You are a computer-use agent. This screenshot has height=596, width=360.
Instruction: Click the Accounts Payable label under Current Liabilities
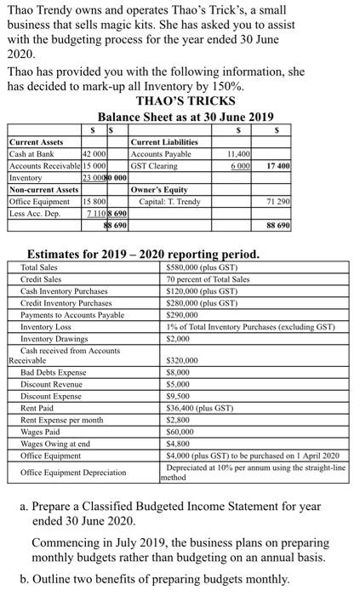pyautogui.click(x=161, y=154)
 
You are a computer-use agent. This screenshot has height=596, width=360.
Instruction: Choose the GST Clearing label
pyautogui.click(x=154, y=165)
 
